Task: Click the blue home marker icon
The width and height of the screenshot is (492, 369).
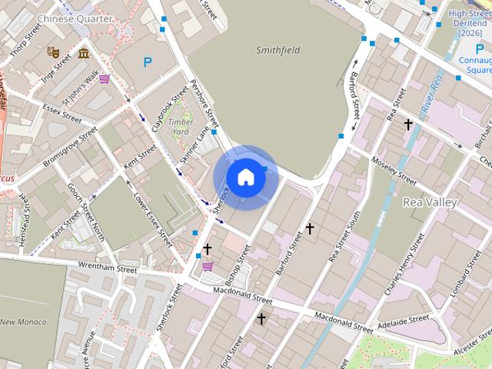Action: [x=245, y=177]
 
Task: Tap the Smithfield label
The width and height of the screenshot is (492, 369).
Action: [x=278, y=50]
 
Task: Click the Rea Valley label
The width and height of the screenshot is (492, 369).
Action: [x=430, y=202]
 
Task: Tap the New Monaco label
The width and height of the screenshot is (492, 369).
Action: [x=23, y=321]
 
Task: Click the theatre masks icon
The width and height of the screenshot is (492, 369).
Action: [x=53, y=52]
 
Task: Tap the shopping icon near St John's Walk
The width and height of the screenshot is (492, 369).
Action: [x=104, y=78]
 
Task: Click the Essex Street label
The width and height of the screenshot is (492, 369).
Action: [x=62, y=114]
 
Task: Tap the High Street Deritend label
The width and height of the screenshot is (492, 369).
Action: [x=470, y=23]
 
